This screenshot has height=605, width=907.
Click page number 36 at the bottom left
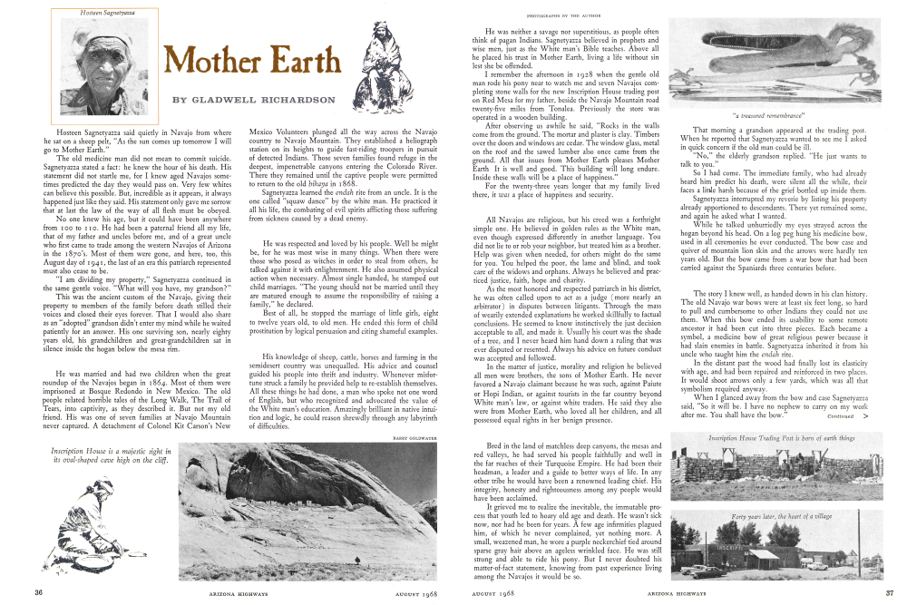pos(39,592)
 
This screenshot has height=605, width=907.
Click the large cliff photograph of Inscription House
pos(308,511)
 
